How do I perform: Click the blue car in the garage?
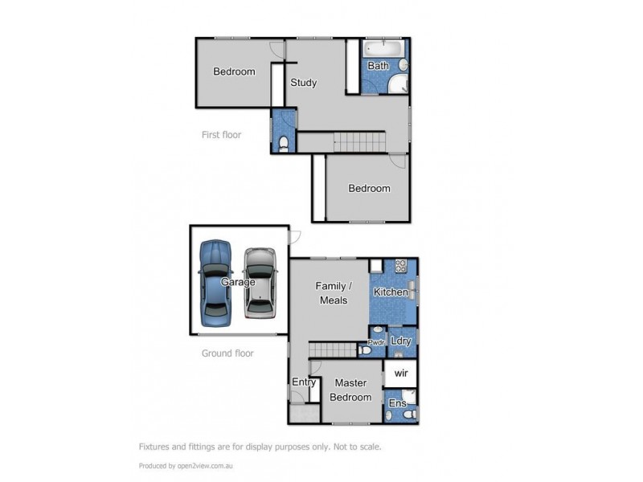click(215, 282)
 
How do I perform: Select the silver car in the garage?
click(259, 282)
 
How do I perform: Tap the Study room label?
click(303, 83)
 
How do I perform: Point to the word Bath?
click(378, 66)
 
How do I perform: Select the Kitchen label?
click(390, 292)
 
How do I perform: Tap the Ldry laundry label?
click(400, 341)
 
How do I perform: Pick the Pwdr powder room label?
click(376, 343)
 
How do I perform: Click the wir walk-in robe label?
click(400, 374)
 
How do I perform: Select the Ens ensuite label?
click(396, 403)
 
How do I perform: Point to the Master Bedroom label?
click(352, 390)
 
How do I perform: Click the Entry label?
click(303, 382)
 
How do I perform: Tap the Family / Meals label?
click(331, 292)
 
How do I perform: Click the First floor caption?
click(221, 135)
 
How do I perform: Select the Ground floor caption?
click(227, 353)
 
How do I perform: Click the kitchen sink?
click(413, 288)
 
